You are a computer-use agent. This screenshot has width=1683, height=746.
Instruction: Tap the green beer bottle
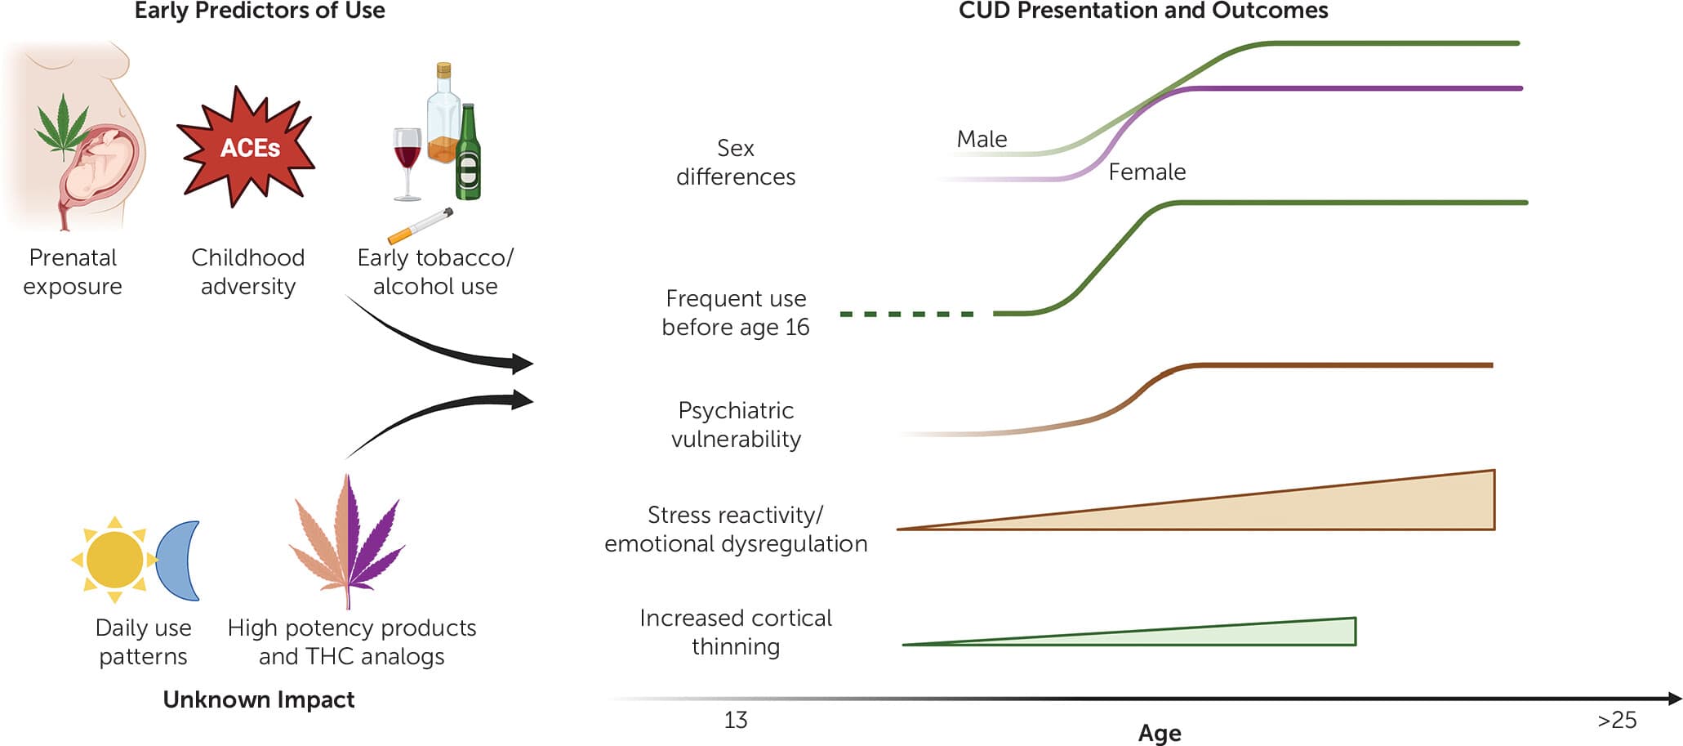point(468,155)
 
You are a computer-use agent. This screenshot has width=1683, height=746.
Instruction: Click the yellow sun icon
point(114,560)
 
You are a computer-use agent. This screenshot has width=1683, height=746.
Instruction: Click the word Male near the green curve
point(982,140)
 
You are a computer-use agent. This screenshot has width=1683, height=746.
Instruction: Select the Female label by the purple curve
point(1146,172)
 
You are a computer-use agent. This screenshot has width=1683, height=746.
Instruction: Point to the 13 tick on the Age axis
point(735,720)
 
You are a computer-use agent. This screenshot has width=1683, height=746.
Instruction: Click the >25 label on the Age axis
point(1617,720)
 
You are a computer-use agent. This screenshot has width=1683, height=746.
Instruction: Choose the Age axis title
point(1160,733)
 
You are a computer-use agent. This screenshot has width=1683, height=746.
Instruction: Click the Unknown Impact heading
point(259,699)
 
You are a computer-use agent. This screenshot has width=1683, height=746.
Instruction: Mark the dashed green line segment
point(906,314)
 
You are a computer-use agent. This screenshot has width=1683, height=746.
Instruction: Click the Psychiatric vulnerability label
point(736,425)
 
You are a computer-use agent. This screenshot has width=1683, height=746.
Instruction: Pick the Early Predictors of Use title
point(260,11)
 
